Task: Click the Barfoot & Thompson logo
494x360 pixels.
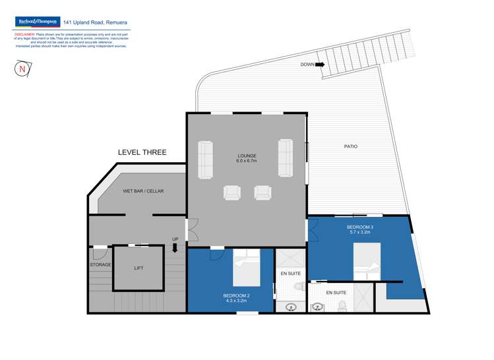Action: [x=37, y=22]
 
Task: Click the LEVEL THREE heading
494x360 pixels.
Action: [x=142, y=152]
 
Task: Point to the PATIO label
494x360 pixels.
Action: [x=350, y=146]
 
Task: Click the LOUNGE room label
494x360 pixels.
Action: [x=247, y=158]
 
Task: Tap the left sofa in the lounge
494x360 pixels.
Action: [x=206, y=159]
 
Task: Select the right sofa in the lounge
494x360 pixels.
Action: [x=286, y=158]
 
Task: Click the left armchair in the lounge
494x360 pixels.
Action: [x=232, y=192]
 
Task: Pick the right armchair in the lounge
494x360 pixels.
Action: [x=263, y=192]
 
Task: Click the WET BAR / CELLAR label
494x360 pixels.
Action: [x=143, y=191]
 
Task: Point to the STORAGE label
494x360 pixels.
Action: [x=100, y=265]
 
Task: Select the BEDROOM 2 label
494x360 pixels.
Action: [x=235, y=298]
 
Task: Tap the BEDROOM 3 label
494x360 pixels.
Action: [x=361, y=229]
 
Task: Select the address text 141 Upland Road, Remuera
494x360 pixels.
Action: [x=95, y=22]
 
